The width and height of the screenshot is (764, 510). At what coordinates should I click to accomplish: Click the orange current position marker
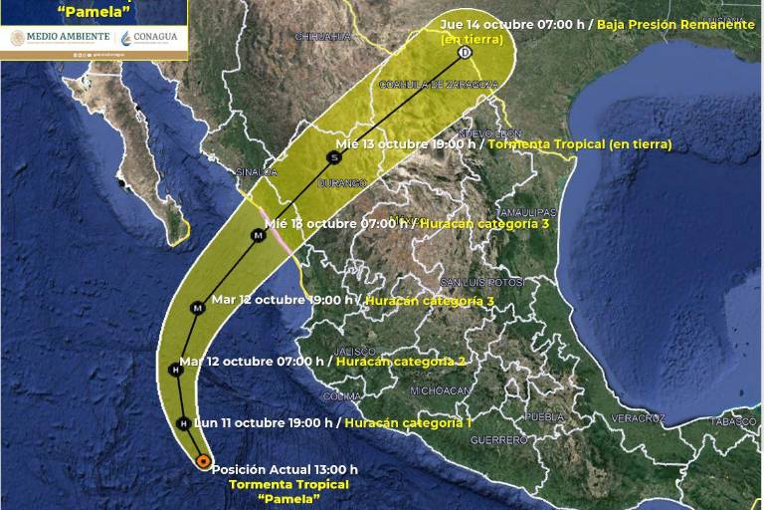(x=203, y=461)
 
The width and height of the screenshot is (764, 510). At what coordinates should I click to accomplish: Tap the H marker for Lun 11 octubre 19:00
(x=183, y=423)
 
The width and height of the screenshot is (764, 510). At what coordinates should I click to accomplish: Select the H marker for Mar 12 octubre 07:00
(x=175, y=370)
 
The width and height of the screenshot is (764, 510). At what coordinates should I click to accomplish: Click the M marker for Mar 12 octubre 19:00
(x=198, y=308)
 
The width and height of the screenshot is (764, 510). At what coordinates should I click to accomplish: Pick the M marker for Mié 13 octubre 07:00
(x=258, y=235)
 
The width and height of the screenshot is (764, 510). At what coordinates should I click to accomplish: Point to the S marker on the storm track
(x=333, y=157)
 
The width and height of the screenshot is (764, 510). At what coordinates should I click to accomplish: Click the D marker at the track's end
(x=465, y=52)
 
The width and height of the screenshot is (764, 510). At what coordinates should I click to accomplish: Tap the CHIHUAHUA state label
(x=323, y=36)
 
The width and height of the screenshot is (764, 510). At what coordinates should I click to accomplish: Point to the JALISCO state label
(x=355, y=352)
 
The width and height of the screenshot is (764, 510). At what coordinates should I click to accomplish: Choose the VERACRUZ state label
(x=637, y=417)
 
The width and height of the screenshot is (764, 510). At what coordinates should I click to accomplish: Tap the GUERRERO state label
(x=498, y=439)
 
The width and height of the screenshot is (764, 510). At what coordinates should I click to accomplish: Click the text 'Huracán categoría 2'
(x=401, y=362)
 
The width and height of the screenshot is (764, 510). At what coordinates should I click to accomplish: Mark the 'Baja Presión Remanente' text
(x=675, y=24)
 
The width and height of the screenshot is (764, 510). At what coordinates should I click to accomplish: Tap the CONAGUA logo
(x=151, y=38)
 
